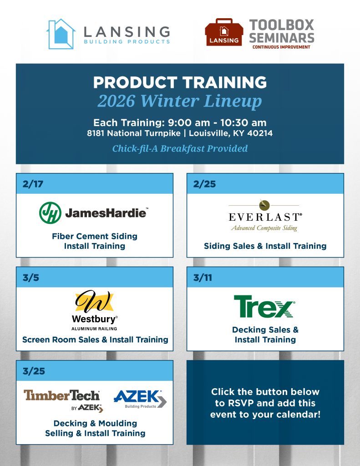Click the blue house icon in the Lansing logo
pyautogui.click(x=61, y=34)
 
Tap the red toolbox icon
pyautogui.click(x=224, y=32)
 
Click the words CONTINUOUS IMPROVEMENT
pyautogui.click(x=281, y=47)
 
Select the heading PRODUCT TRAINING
pyautogui.click(x=180, y=82)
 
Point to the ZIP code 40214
pyautogui.click(x=260, y=133)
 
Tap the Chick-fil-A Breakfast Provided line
pyautogui.click(x=180, y=148)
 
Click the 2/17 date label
pyautogui.click(x=33, y=184)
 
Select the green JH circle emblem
pyautogui.click(x=50, y=213)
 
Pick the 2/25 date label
pyautogui.click(x=204, y=184)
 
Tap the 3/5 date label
pyautogui.click(x=31, y=278)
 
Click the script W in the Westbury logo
pyautogui.click(x=94, y=301)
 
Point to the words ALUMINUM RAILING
pyautogui.click(x=94, y=329)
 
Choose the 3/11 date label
pyautogui.click(x=203, y=278)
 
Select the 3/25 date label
pyautogui.click(x=34, y=371)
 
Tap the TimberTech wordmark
pyautogui.click(x=61, y=395)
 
